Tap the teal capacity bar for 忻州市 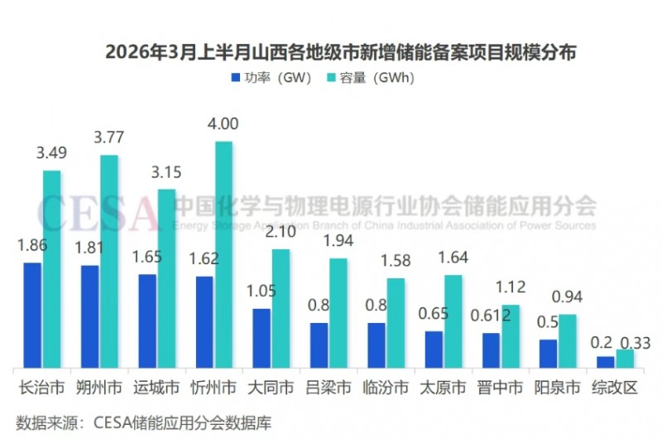click(x=224, y=254)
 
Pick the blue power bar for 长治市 click(x=32, y=315)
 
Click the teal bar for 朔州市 click(x=109, y=261)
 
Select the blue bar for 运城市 click(x=147, y=321)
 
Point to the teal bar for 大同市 click(x=281, y=308)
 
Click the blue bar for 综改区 click(x=606, y=362)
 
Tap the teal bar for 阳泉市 click(x=568, y=340)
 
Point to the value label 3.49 click(x=51, y=153)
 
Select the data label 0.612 click(x=487, y=316)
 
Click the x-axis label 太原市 click(x=443, y=388)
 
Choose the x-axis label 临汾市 click(x=386, y=388)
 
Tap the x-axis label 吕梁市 click(x=329, y=388)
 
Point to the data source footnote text click(x=137, y=422)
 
